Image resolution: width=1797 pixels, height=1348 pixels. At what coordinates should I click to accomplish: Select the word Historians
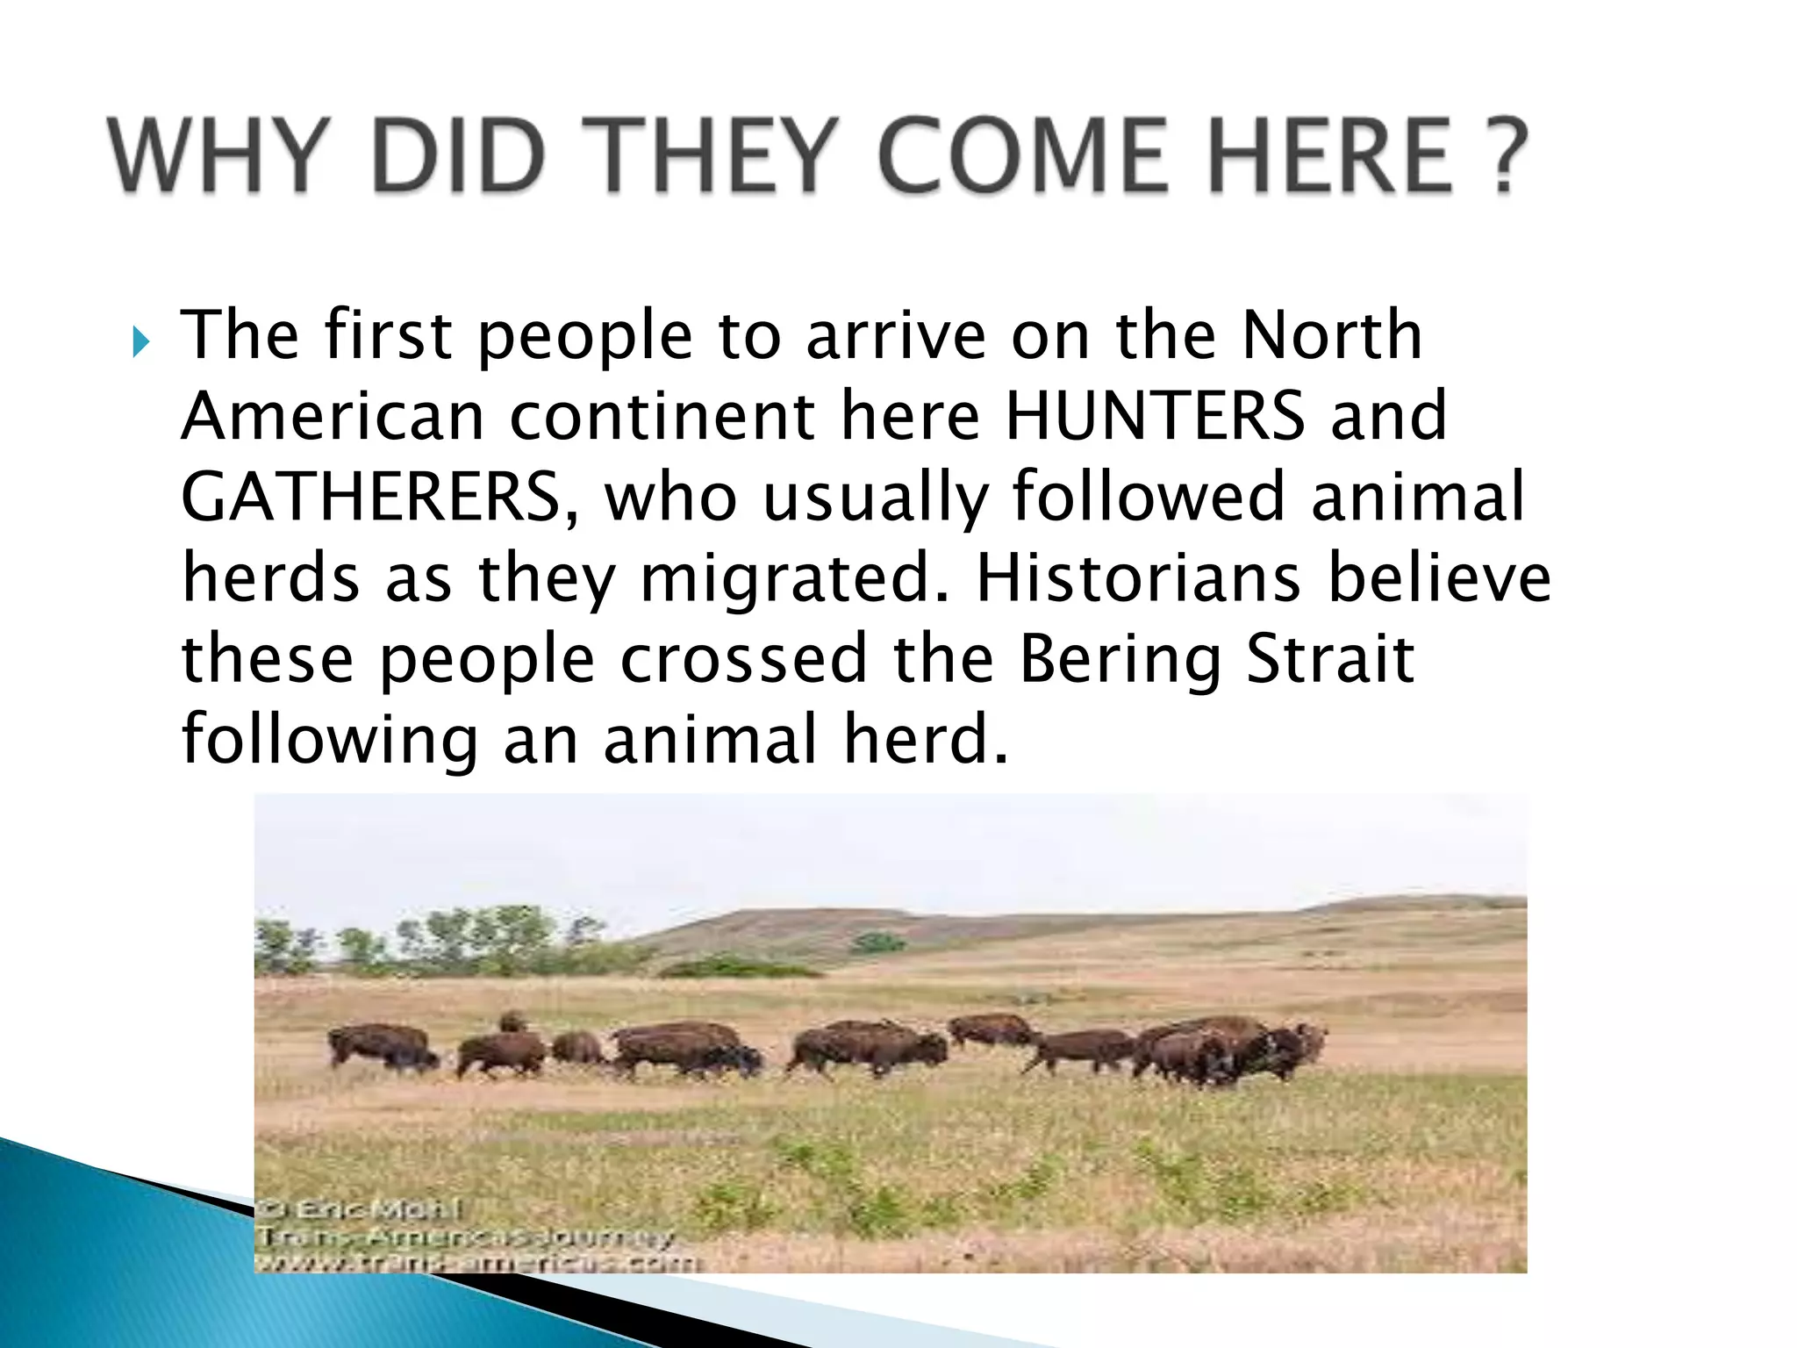click(1138, 577)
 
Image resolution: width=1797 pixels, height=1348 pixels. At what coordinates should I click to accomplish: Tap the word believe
click(1439, 577)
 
